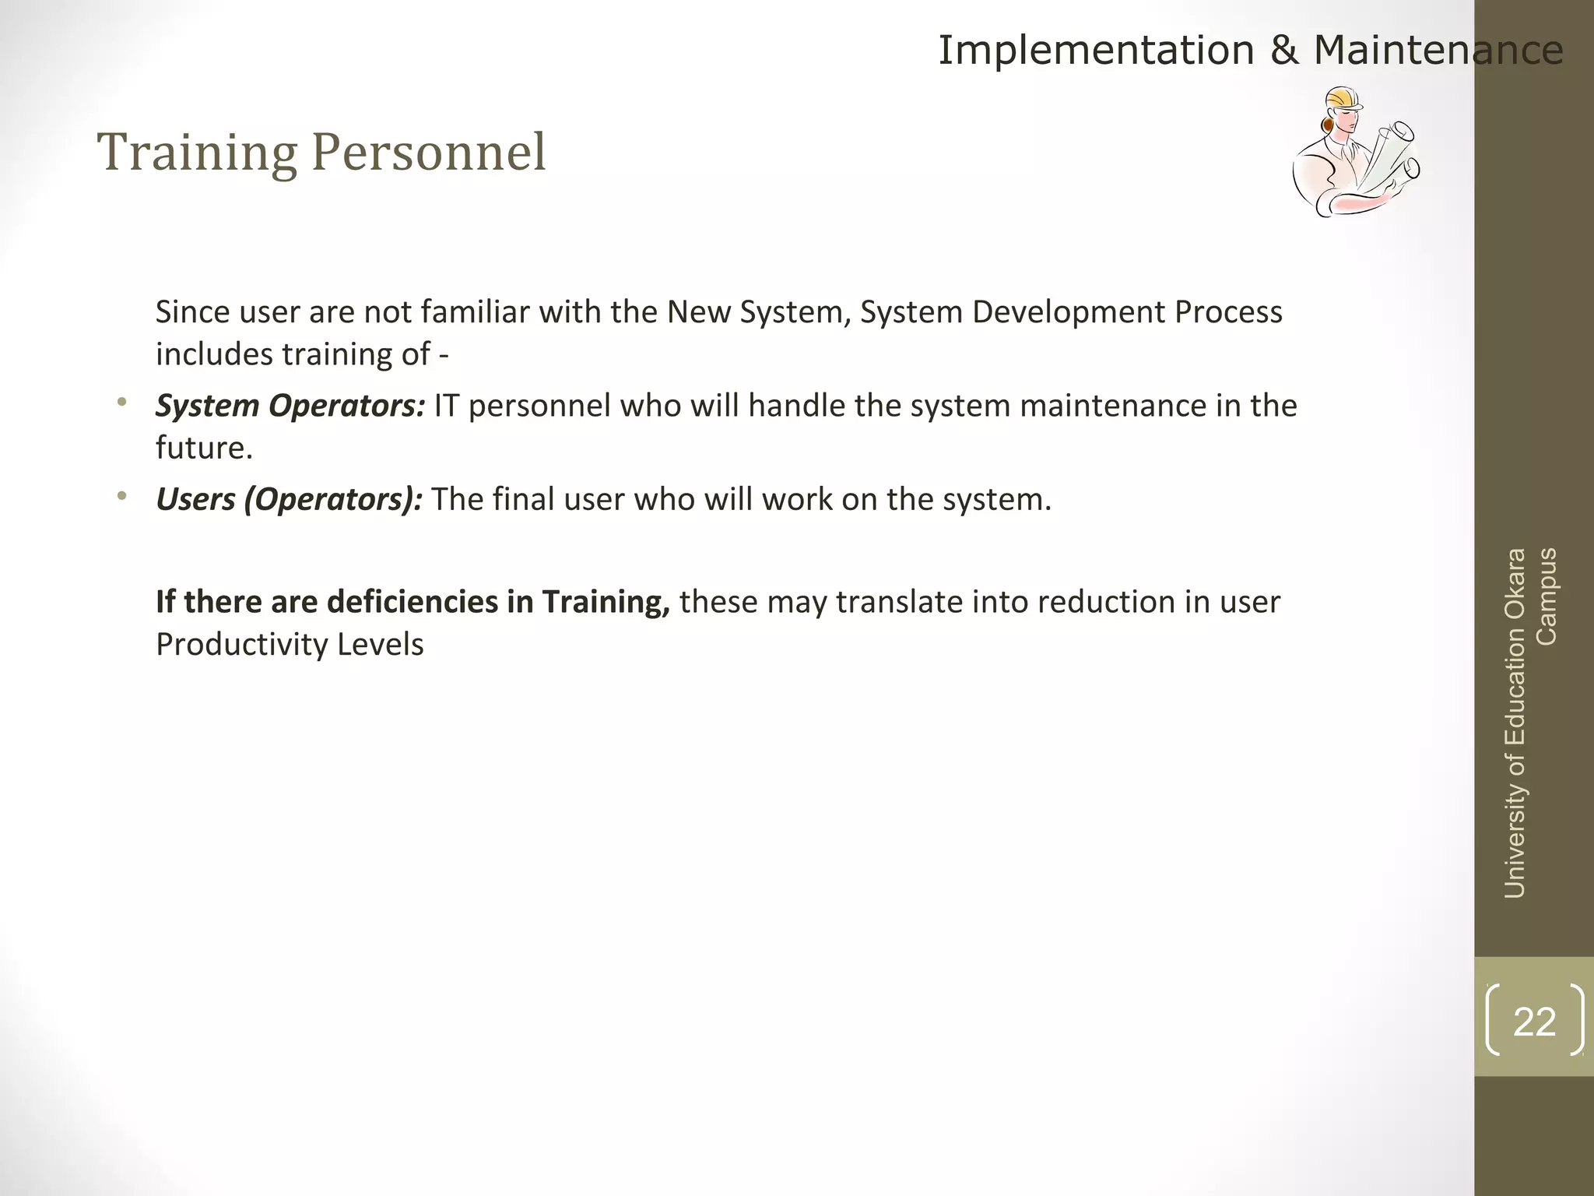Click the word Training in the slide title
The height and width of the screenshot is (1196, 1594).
click(x=197, y=153)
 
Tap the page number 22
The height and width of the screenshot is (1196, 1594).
click(x=1534, y=1022)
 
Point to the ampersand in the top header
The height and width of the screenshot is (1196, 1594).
click(x=1283, y=51)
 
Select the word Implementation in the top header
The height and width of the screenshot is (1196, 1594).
click(x=1096, y=51)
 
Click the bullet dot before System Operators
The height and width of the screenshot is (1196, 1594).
click(x=121, y=403)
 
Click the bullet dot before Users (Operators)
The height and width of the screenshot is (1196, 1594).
click(x=121, y=496)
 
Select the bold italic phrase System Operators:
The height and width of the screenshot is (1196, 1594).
click(x=290, y=406)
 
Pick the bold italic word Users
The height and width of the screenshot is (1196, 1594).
click(x=195, y=499)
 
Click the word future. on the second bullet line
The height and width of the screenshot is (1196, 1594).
click(x=204, y=448)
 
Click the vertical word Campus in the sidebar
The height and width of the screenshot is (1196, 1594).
click(x=1547, y=596)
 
